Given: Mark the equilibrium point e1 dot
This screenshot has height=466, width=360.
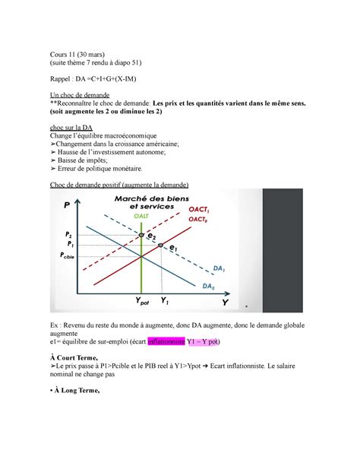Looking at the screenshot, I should pos(161,246).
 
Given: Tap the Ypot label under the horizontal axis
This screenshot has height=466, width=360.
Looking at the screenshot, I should pos(144,303).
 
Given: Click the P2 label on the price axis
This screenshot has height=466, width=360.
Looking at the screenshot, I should pos(69,235).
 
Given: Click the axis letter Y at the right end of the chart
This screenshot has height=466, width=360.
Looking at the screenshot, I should pos(225,303).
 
